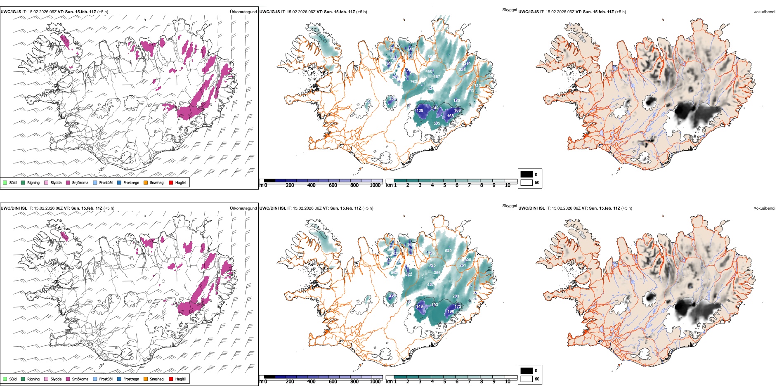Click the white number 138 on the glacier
(x=420, y=111)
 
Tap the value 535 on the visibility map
(x=437, y=123)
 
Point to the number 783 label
(x=413, y=82)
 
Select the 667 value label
(x=436, y=77)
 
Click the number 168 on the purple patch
(x=450, y=116)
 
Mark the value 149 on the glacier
(x=419, y=307)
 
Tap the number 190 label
(x=451, y=312)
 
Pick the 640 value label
(x=448, y=251)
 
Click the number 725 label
(x=432, y=266)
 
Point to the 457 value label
(x=430, y=285)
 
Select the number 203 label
(x=456, y=296)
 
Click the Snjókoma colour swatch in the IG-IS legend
(x=68, y=182)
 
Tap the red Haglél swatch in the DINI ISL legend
(x=171, y=379)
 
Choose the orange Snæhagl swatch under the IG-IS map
(x=146, y=182)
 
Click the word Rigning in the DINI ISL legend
(x=33, y=379)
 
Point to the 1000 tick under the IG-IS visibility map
(x=375, y=185)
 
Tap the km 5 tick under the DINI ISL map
(x=444, y=382)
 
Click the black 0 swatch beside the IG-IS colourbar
(x=527, y=175)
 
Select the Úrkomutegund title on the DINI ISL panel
(x=243, y=208)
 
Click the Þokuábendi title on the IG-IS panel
(x=764, y=12)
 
